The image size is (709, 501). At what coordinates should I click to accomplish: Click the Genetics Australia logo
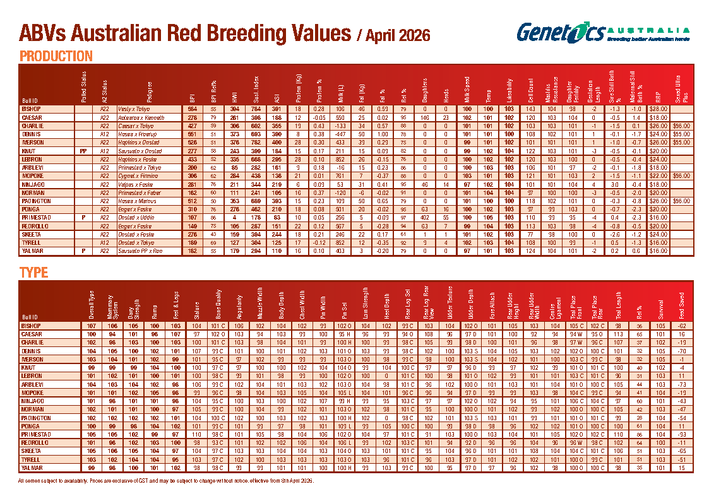click(602, 32)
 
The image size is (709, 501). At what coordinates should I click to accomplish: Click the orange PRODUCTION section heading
click(56, 56)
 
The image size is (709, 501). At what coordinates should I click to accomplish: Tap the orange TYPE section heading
click(34, 273)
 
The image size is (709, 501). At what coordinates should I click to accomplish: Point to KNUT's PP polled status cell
click(83, 151)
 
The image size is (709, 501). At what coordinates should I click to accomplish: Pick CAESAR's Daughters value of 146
click(425, 117)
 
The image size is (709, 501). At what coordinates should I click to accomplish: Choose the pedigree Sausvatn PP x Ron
click(140, 250)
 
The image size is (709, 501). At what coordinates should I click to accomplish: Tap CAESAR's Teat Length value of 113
click(619, 333)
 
